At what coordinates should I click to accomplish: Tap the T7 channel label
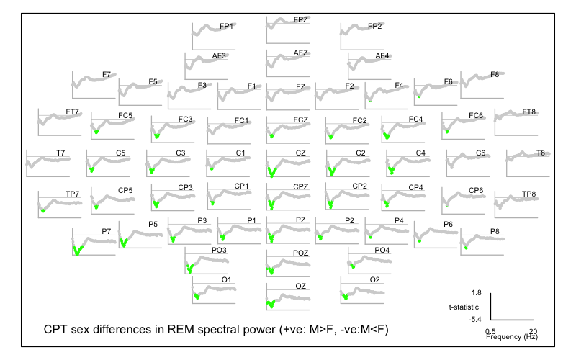[60, 153]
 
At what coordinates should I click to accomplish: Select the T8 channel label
[541, 153]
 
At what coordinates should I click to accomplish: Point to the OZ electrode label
[301, 287]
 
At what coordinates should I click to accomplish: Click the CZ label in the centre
[301, 153]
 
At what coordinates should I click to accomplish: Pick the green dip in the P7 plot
[77, 249]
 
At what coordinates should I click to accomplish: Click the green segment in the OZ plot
[270, 303]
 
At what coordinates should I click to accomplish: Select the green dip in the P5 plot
[123, 241]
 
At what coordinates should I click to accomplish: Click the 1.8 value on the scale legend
[476, 294]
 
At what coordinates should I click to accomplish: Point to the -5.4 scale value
[474, 318]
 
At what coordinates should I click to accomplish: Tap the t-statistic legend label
[464, 306]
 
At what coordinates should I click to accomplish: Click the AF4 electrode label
[382, 56]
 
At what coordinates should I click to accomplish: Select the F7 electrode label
[106, 74]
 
